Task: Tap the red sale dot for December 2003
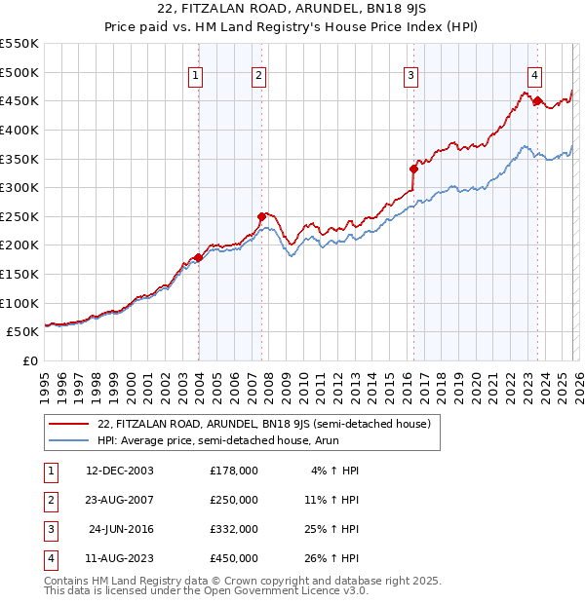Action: (199, 257)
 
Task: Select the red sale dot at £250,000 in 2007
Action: (261, 216)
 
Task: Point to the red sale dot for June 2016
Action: (413, 169)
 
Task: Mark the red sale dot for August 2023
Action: (537, 100)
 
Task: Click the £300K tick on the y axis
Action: (19, 187)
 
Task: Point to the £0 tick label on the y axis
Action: (30, 360)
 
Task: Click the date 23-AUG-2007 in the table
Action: (121, 500)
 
